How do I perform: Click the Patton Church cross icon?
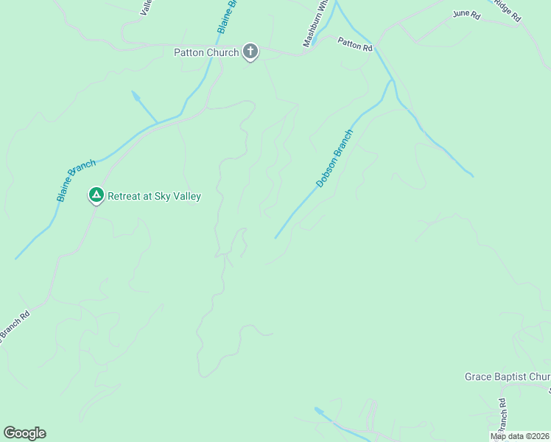point(250,52)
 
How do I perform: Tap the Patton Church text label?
point(206,52)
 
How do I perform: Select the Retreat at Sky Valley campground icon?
point(96,195)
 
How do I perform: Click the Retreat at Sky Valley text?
point(154,197)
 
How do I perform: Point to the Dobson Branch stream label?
point(334,158)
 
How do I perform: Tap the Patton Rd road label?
point(356,45)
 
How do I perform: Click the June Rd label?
point(466,14)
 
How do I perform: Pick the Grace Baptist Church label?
point(507,376)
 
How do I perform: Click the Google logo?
point(24,433)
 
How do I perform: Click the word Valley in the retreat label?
point(185,197)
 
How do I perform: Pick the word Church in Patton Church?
point(222,52)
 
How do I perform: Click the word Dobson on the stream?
point(325,172)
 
